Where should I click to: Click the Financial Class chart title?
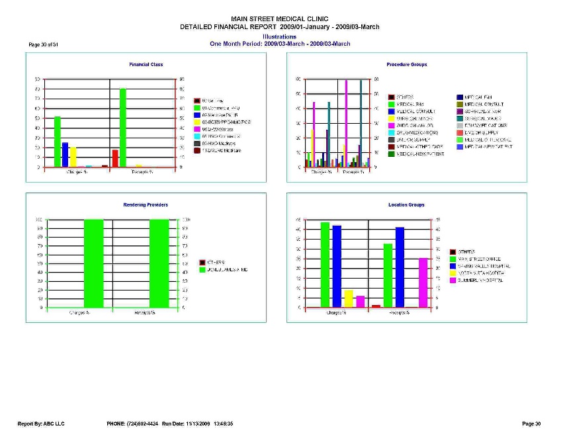point(146,64)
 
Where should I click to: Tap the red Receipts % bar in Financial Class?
point(115,158)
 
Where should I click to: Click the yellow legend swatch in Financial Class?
point(197,122)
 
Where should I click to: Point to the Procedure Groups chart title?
point(406,64)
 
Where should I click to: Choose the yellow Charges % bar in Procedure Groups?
point(312,148)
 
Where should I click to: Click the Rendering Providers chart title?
point(146,205)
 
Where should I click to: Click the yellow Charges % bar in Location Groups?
point(348,298)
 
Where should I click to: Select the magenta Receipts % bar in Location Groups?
point(423,283)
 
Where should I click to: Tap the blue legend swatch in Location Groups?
point(453,266)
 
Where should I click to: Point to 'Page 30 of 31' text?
point(44,44)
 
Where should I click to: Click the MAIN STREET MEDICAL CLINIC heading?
point(280,19)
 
